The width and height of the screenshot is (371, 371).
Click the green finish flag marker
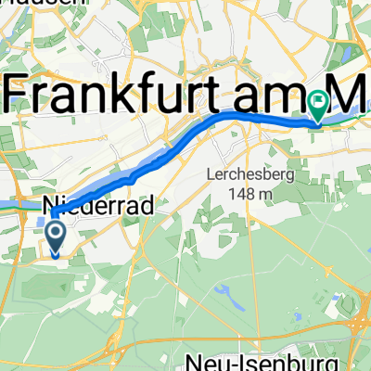tap(318, 108)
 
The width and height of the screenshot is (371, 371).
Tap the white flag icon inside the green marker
tap(318, 104)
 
